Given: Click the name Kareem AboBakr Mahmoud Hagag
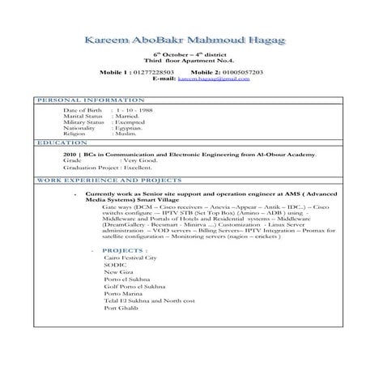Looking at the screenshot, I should (x=183, y=40).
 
